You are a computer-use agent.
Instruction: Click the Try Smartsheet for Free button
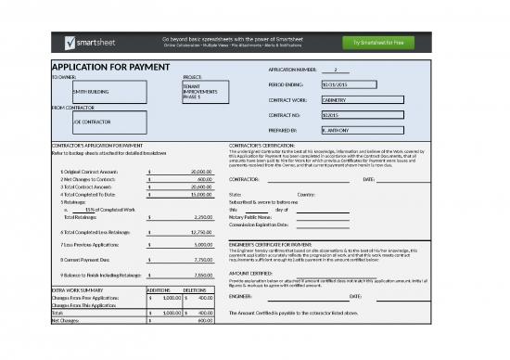tap(378, 43)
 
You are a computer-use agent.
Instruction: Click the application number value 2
tap(335, 70)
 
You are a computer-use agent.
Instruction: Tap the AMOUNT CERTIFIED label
tap(249, 274)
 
